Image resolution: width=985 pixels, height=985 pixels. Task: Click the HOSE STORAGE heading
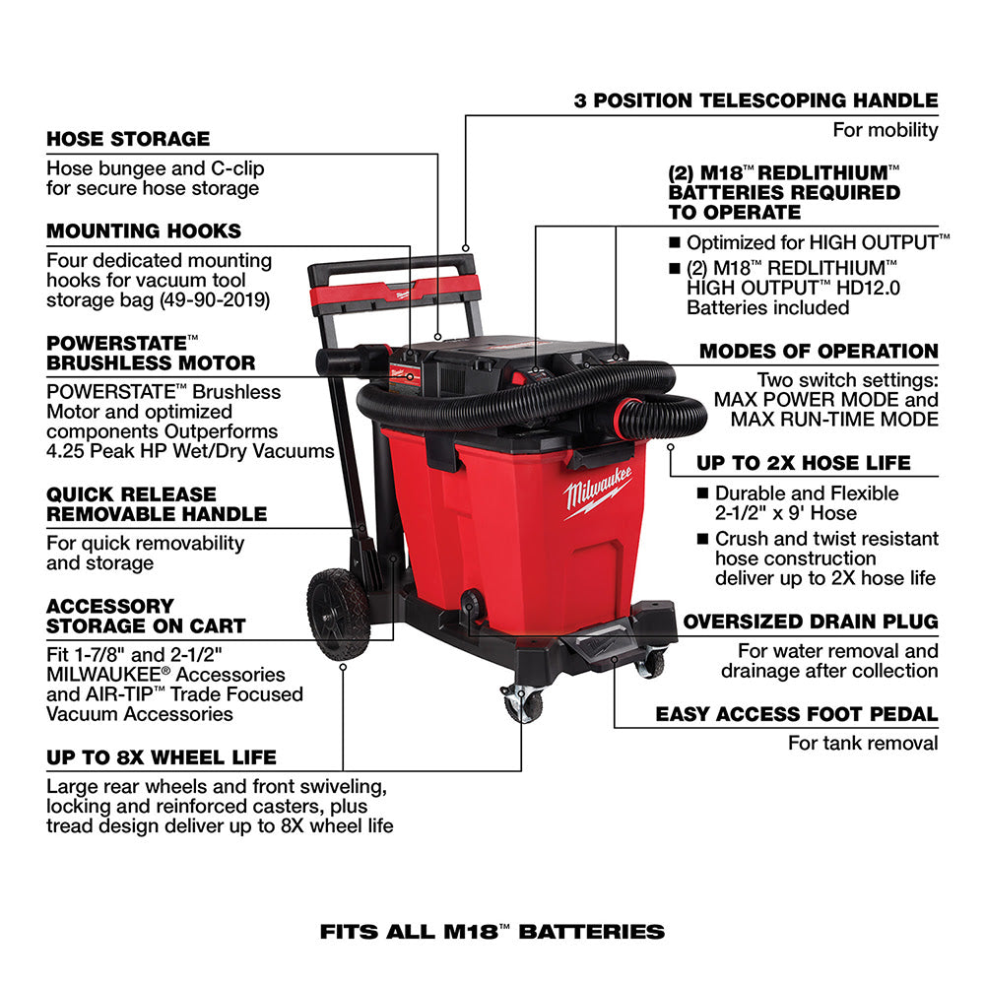click(x=128, y=139)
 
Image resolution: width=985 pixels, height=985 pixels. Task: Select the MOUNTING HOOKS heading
click(x=144, y=231)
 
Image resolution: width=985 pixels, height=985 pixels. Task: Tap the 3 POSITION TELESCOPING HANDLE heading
click(x=755, y=100)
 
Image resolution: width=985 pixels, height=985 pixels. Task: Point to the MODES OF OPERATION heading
click(x=819, y=352)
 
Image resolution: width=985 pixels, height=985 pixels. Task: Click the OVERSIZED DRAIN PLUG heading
click(x=811, y=623)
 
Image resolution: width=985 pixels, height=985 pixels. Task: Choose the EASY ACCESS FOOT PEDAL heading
click(x=797, y=714)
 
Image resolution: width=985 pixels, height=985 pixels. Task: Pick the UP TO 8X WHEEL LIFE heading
click(x=162, y=757)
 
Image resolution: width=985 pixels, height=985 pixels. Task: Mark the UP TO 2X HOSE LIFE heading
click(x=818, y=463)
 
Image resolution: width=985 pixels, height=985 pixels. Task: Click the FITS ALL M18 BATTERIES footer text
click(x=492, y=931)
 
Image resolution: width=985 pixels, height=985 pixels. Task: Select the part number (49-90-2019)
click(x=213, y=299)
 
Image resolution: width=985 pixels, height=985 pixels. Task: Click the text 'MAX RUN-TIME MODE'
click(x=834, y=420)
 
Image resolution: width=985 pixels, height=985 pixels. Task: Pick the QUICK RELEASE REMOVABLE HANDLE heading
click(x=157, y=503)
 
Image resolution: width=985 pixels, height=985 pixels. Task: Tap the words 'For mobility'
click(x=886, y=130)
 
